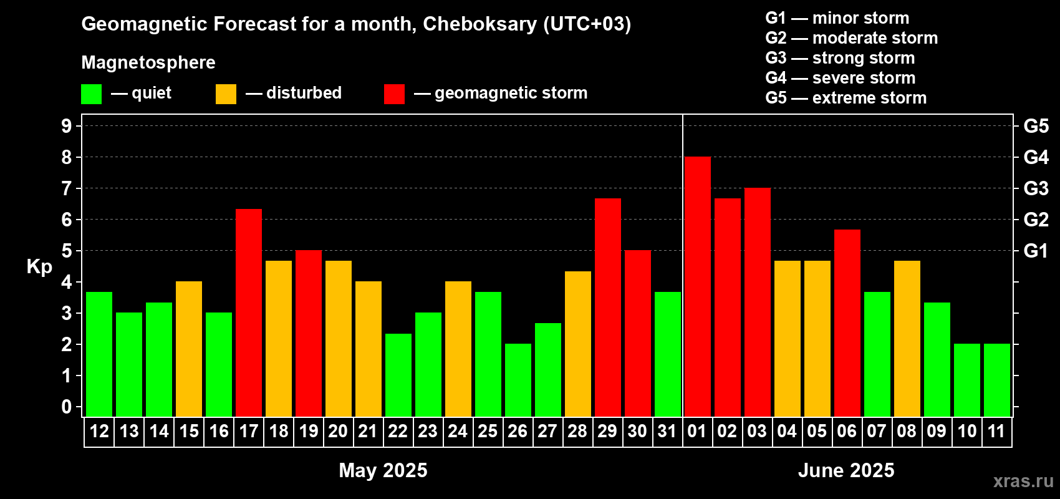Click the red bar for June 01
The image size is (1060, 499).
click(x=698, y=286)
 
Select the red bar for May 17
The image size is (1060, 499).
click(x=249, y=312)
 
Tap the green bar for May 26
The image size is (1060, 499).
click(x=518, y=380)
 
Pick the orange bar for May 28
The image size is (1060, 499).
click(x=578, y=344)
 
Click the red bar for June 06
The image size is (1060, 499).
click(x=847, y=323)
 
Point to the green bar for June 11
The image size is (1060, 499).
click(x=996, y=380)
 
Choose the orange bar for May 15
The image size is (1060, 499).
click(x=189, y=349)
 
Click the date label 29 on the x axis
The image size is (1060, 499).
click(x=607, y=431)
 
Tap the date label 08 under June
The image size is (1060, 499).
click(x=907, y=431)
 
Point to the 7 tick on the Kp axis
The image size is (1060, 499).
click(x=67, y=188)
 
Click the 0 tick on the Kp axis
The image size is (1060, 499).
click(x=67, y=407)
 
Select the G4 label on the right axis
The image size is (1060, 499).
click(x=1036, y=157)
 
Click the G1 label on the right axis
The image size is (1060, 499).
click(x=1036, y=251)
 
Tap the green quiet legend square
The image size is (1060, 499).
click(x=91, y=94)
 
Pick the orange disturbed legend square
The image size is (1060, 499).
click(x=226, y=94)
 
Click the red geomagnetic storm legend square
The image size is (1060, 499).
click(x=395, y=94)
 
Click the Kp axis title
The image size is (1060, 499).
click(x=39, y=267)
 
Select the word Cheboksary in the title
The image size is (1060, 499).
click(x=480, y=24)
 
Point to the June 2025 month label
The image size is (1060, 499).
click(x=846, y=470)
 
